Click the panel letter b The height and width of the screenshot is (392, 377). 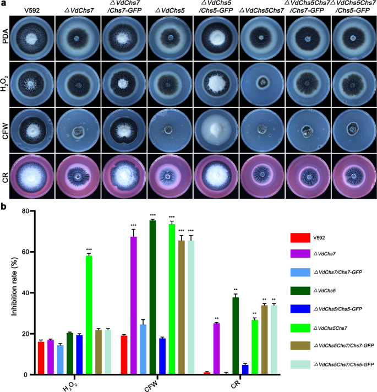[5, 207]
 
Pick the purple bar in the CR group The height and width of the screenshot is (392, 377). [216, 349]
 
